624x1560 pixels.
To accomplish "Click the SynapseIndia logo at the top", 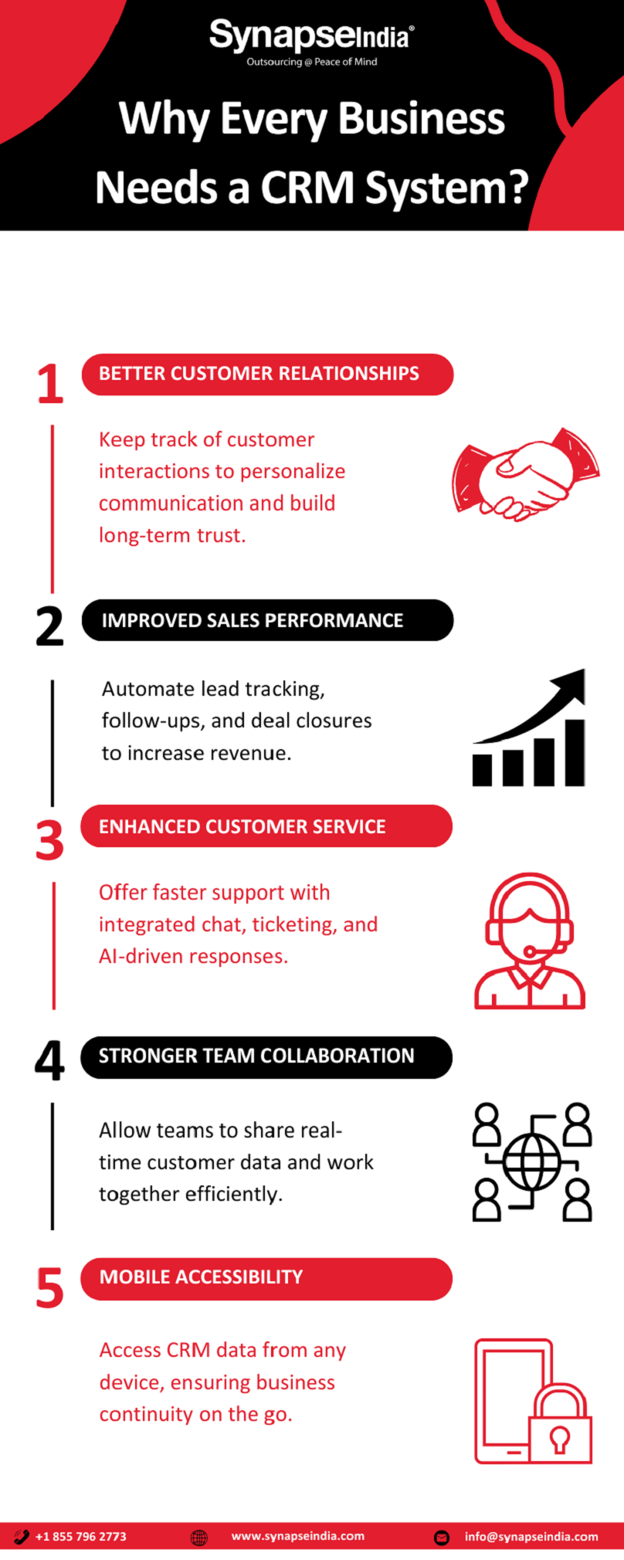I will pyautogui.click(x=311, y=42).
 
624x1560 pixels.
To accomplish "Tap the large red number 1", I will pyautogui.click(x=50, y=384).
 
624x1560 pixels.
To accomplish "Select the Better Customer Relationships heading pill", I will pyautogui.click(x=267, y=375).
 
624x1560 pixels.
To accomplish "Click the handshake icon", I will pyautogui.click(x=525, y=473).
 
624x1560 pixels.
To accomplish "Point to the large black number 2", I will pyautogui.click(x=49, y=626).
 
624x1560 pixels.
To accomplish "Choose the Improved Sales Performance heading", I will pyautogui.click(x=267, y=620).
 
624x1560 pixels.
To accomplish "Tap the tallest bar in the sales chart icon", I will pyautogui.click(x=575, y=752).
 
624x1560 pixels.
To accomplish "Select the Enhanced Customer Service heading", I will pyautogui.click(x=266, y=826).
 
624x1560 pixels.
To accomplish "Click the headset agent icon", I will pyautogui.click(x=530, y=941).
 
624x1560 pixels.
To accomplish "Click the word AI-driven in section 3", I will pyautogui.click(x=144, y=957).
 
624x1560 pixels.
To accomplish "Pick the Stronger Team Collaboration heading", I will pyautogui.click(x=266, y=1056).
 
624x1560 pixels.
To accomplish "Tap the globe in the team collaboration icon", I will pyautogui.click(x=532, y=1162).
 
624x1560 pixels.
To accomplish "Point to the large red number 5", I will pyautogui.click(x=49, y=1287).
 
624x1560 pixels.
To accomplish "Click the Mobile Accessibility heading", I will pyautogui.click(x=266, y=1278).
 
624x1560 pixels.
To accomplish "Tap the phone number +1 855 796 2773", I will pyautogui.click(x=80, y=1536).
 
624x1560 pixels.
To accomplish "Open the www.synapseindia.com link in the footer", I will pyautogui.click(x=297, y=1536).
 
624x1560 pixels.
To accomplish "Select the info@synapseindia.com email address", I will pyautogui.click(x=531, y=1536).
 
